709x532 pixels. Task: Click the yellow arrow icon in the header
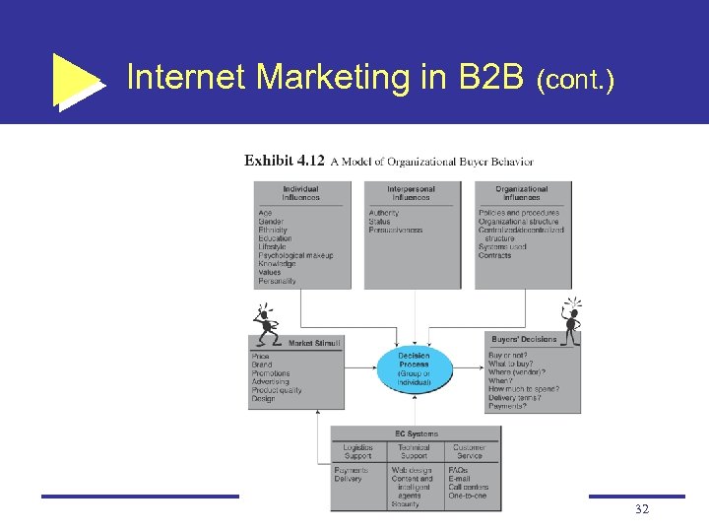click(x=77, y=79)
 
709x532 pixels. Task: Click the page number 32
click(x=641, y=508)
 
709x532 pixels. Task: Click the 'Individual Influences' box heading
click(x=300, y=192)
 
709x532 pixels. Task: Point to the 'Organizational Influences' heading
click(x=522, y=192)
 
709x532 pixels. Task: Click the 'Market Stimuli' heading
click(x=314, y=343)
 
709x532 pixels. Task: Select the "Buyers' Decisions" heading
click(x=524, y=339)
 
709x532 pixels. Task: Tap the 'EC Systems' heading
click(x=416, y=433)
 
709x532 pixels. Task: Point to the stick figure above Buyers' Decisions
click(x=570, y=315)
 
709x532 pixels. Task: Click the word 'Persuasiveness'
click(x=396, y=231)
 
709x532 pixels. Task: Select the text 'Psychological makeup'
click(x=295, y=256)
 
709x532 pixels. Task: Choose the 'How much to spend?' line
click(x=523, y=389)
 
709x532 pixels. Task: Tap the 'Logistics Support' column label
click(x=357, y=451)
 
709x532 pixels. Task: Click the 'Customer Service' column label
click(x=470, y=451)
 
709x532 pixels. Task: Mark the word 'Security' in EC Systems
click(x=405, y=503)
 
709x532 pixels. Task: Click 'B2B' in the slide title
click(x=489, y=77)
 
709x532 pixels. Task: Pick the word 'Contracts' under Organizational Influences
click(x=495, y=256)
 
